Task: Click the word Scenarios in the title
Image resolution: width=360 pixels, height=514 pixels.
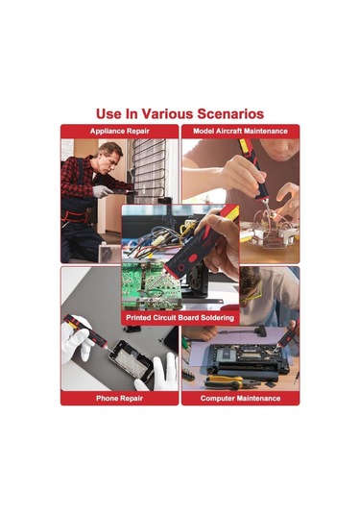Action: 230,114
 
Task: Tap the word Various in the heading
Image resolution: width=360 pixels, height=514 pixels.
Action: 167,114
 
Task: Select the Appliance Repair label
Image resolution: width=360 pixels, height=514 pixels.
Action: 120,131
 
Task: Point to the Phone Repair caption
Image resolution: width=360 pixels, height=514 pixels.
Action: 120,399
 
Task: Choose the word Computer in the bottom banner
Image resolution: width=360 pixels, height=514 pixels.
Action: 217,399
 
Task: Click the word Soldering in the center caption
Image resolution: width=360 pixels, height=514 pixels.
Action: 218,318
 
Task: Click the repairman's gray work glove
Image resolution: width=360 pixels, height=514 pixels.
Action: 102,191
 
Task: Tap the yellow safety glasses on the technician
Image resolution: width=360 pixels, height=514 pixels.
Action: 251,294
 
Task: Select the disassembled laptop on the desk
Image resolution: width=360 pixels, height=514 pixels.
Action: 249,360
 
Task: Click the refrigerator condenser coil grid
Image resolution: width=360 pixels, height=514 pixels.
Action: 149,169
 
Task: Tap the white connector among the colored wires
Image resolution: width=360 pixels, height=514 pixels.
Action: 158,240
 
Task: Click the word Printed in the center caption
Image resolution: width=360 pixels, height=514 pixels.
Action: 138,318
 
